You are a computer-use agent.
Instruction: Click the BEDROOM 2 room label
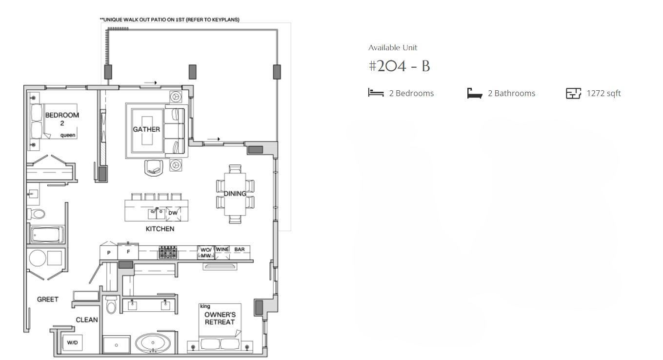[x=62, y=119]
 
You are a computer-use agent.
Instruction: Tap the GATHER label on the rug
[x=146, y=129]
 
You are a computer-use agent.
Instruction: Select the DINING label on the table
[x=235, y=194]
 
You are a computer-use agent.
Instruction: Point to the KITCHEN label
[x=160, y=229]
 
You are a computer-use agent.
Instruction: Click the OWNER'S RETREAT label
[x=220, y=318]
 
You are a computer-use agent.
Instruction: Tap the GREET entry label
[x=48, y=300]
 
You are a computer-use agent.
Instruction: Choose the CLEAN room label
[x=87, y=320]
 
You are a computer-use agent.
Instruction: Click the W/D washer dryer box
[x=73, y=342]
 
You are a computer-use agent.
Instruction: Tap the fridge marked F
[x=128, y=252]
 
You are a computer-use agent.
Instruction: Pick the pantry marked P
[x=109, y=252]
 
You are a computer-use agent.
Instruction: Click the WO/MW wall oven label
[x=206, y=253]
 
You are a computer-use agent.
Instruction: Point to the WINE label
[x=222, y=249]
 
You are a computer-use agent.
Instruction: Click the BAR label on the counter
[x=240, y=249]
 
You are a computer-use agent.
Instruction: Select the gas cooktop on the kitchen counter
[x=168, y=253]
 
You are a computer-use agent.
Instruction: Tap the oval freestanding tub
[x=153, y=343]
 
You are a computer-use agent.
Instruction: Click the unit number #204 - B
[x=399, y=66]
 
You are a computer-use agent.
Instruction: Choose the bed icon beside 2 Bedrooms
[x=376, y=93]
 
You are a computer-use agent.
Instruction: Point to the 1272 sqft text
[x=603, y=93]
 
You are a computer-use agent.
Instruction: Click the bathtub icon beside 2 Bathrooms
[x=475, y=93]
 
